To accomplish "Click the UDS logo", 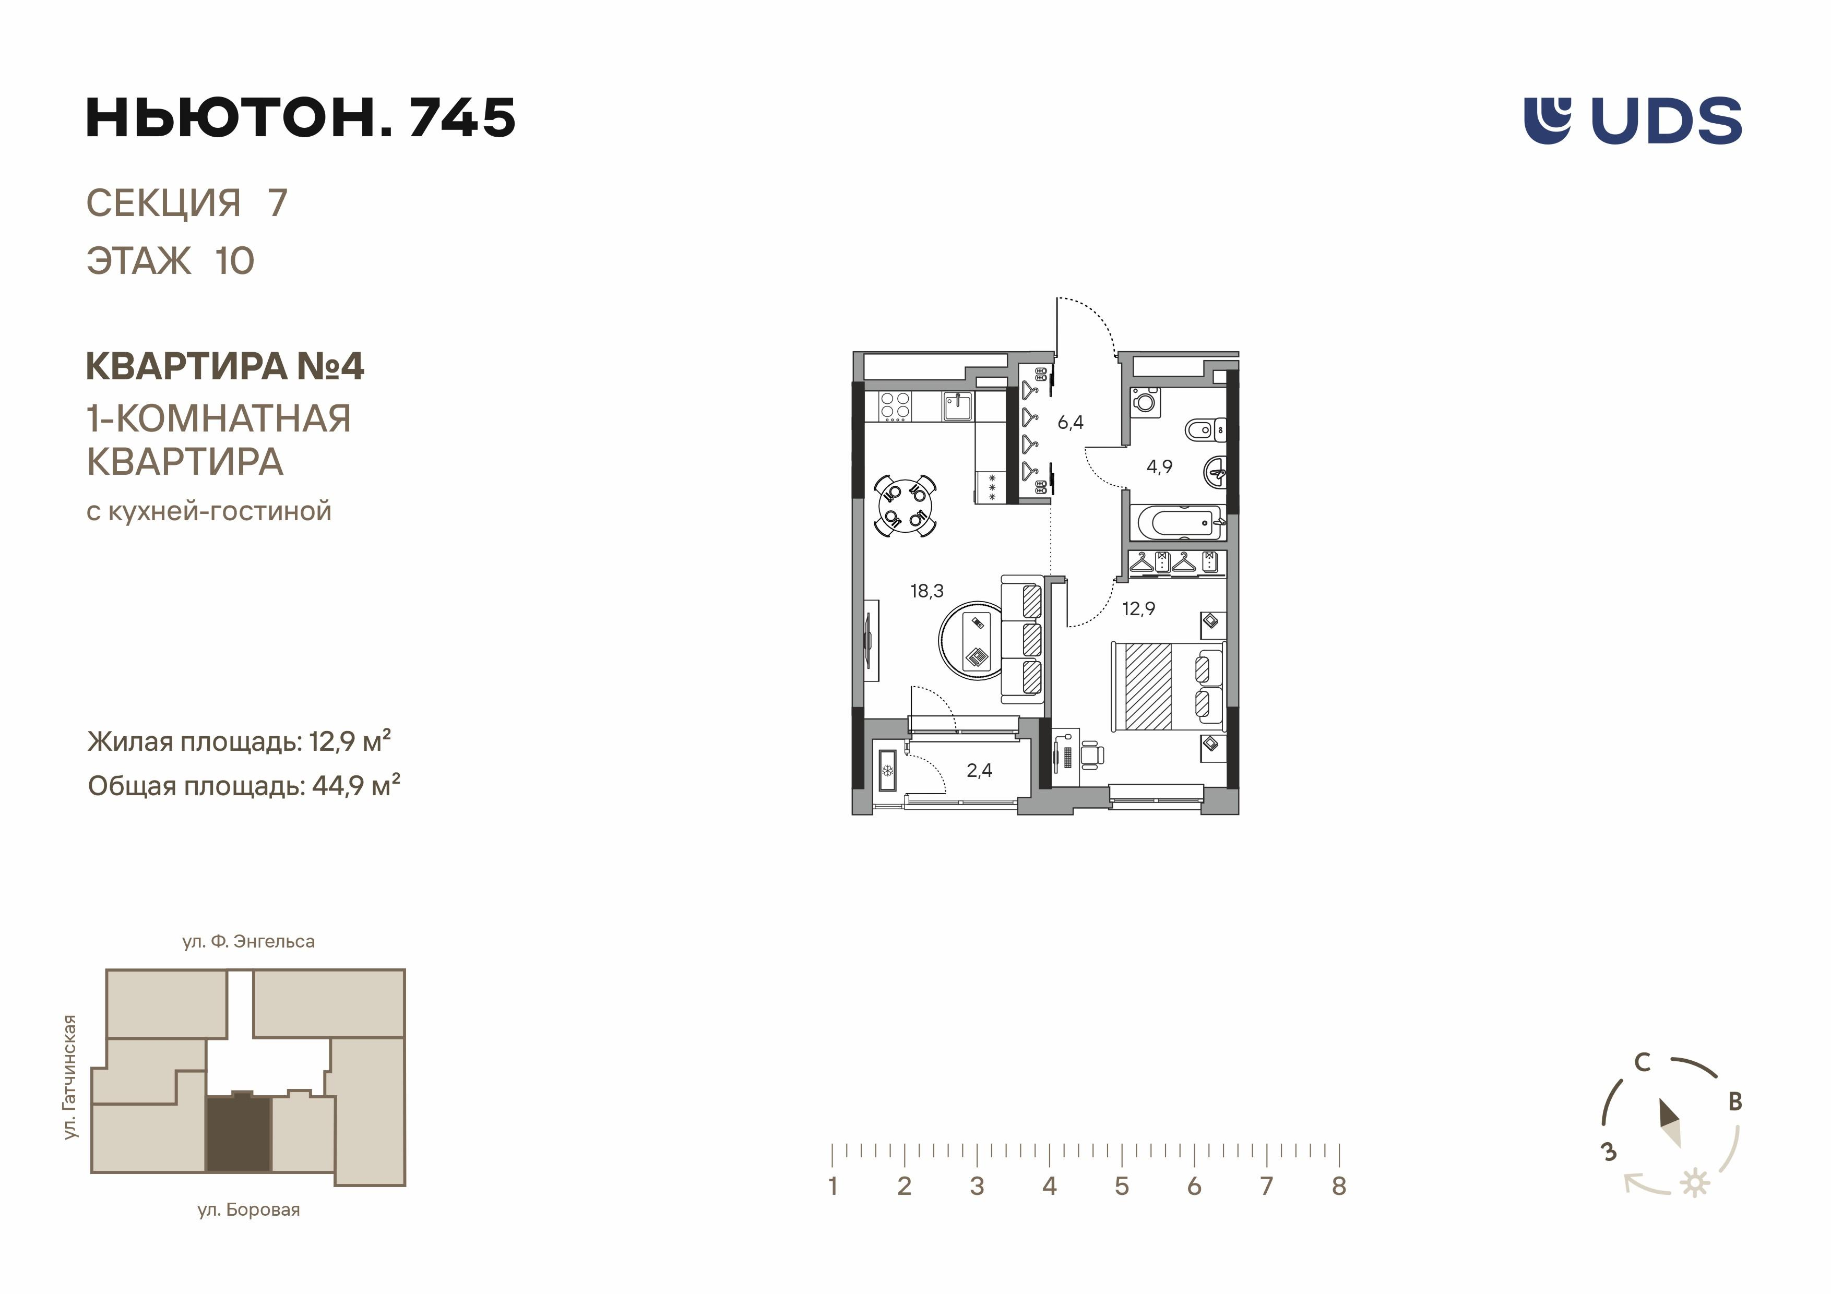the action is (1633, 121).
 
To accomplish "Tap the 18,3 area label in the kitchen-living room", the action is (926, 591).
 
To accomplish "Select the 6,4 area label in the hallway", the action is (1070, 423).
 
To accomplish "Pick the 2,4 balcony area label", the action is (979, 770).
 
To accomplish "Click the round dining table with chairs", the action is (905, 506).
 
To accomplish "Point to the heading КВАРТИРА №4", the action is (225, 367).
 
